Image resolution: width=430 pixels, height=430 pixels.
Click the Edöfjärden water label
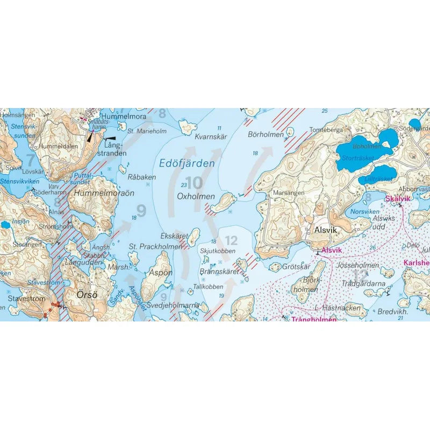coord(188,163)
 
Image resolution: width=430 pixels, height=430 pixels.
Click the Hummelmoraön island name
coord(104,193)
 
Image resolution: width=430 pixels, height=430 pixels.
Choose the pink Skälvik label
coord(398,199)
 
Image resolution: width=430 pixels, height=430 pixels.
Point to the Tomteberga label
coord(326,131)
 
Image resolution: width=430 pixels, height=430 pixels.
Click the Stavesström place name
coord(26,297)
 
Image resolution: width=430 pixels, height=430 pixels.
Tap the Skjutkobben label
coord(217,251)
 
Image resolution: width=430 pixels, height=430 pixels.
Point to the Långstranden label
coord(116,149)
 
